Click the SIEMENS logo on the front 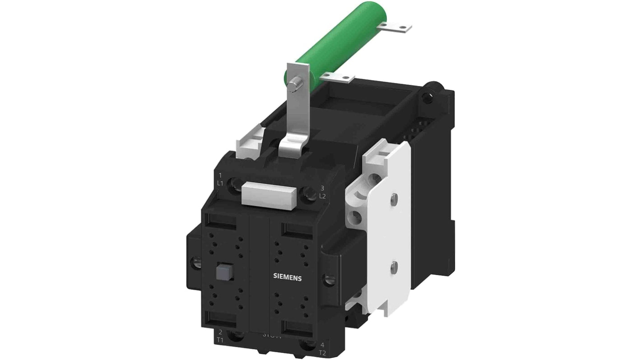pyautogui.click(x=288, y=277)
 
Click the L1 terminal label pyautogui.click(x=220, y=183)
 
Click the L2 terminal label pyautogui.click(x=322, y=196)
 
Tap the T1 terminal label pyautogui.click(x=220, y=340)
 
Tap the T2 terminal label pyautogui.click(x=321, y=353)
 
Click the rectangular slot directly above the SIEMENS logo pyautogui.click(x=296, y=229)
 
